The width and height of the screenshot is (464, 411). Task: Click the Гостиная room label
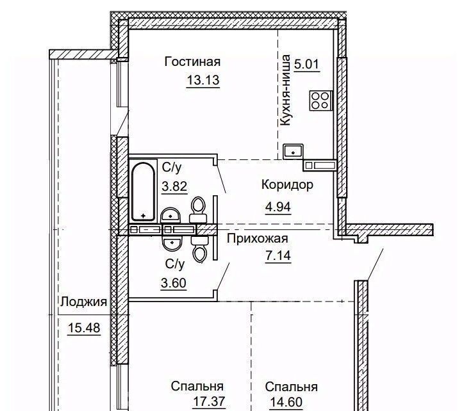click(x=192, y=62)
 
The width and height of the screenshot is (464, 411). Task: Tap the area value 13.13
click(x=203, y=80)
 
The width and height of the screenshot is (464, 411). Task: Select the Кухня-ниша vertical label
click(x=285, y=90)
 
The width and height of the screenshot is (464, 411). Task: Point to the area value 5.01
click(x=306, y=64)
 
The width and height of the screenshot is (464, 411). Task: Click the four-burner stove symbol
click(x=321, y=101)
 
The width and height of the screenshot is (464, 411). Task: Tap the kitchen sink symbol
click(x=293, y=151)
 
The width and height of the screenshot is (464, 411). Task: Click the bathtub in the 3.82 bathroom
click(x=143, y=191)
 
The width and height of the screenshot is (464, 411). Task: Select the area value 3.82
click(x=174, y=186)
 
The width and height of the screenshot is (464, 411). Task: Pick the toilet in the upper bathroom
click(x=198, y=210)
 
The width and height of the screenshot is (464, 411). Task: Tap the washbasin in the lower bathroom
click(x=171, y=243)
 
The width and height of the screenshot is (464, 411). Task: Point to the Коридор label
click(x=287, y=185)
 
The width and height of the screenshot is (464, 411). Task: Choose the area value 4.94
click(x=278, y=207)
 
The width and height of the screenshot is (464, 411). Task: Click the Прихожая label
click(x=258, y=239)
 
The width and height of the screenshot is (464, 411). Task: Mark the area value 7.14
click(x=278, y=255)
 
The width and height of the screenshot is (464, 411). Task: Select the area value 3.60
click(x=174, y=283)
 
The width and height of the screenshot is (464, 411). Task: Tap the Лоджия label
click(x=83, y=302)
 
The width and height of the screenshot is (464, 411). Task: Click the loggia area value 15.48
click(x=84, y=328)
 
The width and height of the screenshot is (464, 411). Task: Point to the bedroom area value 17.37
click(x=209, y=401)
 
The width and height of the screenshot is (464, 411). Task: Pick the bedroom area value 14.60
click(x=286, y=402)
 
